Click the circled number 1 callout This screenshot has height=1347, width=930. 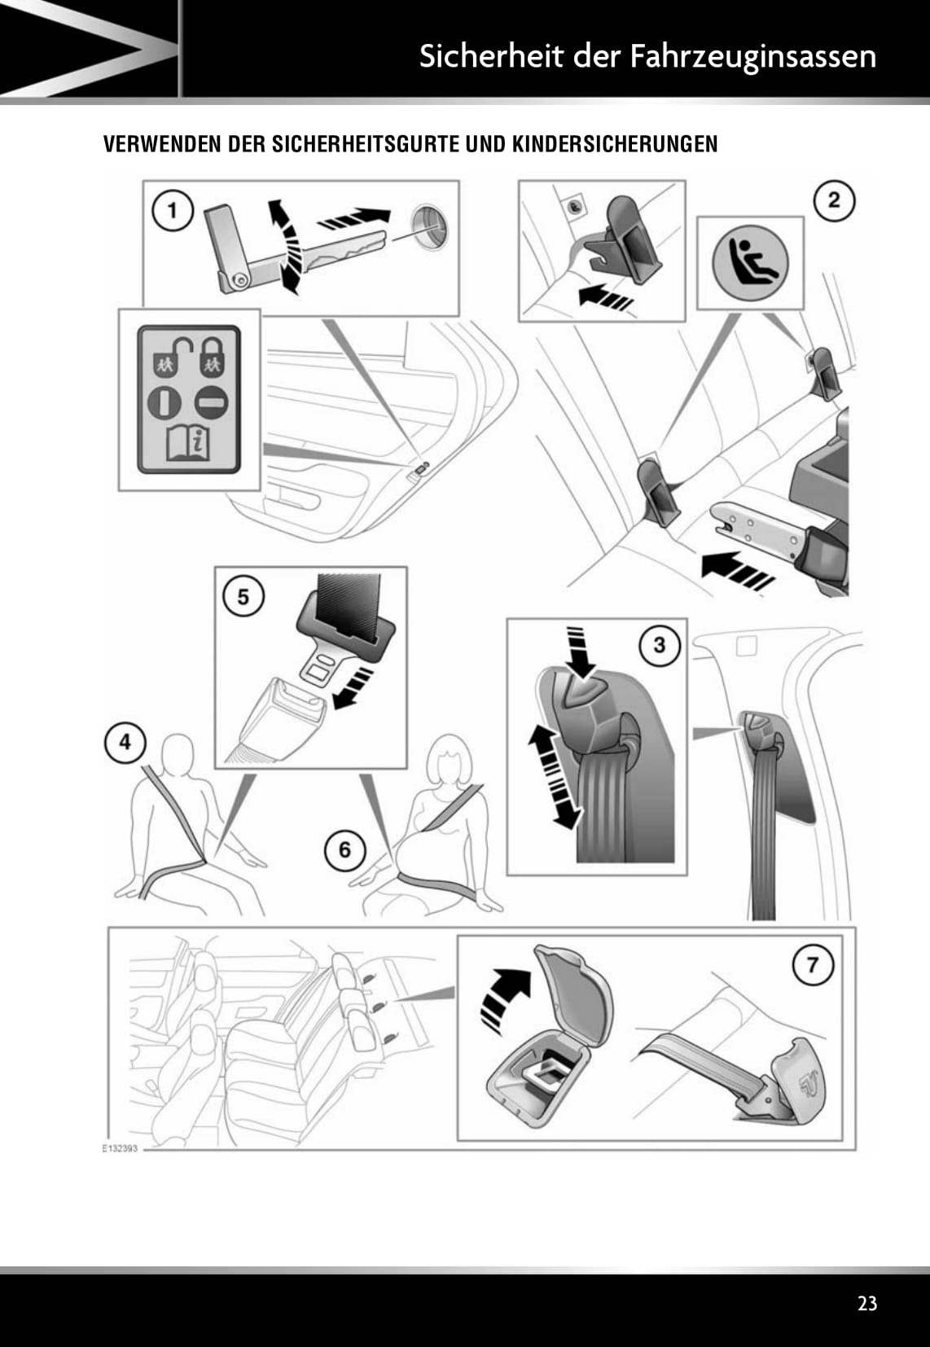tap(172, 211)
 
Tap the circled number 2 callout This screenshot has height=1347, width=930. tap(833, 200)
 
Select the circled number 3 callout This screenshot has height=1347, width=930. tap(659, 645)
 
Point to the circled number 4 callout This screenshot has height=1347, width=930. tap(124, 743)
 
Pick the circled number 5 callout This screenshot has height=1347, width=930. tap(243, 596)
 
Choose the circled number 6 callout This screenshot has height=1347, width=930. tap(344, 849)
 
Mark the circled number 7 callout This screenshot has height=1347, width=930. tap(812, 965)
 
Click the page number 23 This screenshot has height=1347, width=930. tap(867, 1303)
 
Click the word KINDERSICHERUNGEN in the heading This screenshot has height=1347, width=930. tap(615, 144)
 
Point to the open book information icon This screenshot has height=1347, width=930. tap(188, 443)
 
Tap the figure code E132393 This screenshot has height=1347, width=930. tap(119, 1148)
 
